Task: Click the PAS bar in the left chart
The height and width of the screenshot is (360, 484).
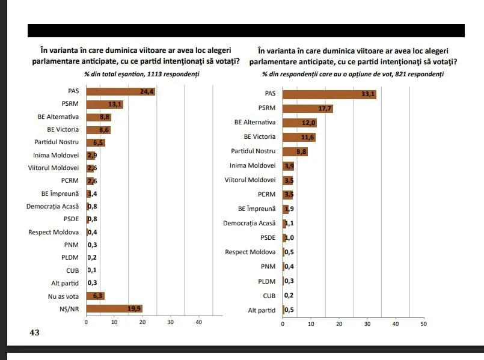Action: pos(120,91)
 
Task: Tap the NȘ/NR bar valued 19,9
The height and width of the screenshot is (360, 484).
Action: pos(114,309)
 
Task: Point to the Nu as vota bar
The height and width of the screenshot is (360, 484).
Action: pos(96,296)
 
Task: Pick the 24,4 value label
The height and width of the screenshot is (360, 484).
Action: pos(147,91)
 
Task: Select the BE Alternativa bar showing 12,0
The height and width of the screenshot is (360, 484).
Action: pos(299,123)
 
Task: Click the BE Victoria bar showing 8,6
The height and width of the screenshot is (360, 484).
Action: pos(99,129)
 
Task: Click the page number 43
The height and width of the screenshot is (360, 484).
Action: pos(34,332)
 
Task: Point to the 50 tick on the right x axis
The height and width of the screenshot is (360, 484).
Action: pos(423,324)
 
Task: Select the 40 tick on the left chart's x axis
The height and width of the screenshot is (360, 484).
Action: pos(199,323)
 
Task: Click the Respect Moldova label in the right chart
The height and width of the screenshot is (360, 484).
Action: pos(250,252)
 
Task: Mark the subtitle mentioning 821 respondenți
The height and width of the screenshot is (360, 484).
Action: pos(353,74)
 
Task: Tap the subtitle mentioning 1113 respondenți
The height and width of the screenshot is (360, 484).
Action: pos(142,74)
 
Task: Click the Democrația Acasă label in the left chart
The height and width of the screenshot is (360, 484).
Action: pos(53,206)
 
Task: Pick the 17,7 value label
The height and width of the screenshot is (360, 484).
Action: pos(325,108)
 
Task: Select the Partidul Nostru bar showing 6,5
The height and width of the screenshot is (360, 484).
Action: pos(96,142)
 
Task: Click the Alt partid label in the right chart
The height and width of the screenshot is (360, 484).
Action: pos(261,310)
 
